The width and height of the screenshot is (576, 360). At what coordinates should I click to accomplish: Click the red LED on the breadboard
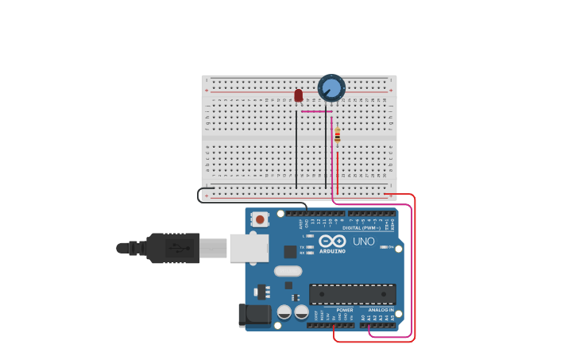[x=299, y=95]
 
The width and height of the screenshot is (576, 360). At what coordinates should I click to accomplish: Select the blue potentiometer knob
[x=331, y=87]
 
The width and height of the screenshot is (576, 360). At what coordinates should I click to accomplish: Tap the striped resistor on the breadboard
[x=337, y=135]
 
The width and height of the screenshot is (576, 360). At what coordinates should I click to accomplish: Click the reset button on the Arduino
[x=259, y=219]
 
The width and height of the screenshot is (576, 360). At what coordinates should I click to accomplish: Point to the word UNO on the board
[x=363, y=242]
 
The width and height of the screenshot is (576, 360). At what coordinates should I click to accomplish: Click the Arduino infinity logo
[x=332, y=241]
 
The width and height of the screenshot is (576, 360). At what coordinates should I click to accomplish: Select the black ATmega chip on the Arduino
[x=352, y=294]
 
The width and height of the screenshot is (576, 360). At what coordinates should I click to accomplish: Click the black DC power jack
[x=254, y=315]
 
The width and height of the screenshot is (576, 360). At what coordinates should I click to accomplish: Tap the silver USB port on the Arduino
[x=249, y=248]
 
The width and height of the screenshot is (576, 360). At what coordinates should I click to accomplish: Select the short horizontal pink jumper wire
[x=316, y=112]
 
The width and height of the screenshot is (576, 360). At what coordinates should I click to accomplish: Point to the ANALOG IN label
[x=381, y=310]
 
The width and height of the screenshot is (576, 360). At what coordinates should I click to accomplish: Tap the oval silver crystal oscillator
[x=288, y=271]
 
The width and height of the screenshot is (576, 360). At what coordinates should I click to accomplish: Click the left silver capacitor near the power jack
[x=284, y=312]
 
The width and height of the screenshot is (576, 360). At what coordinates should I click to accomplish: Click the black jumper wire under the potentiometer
[x=326, y=151]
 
